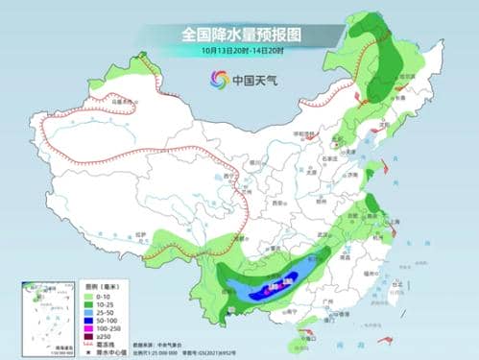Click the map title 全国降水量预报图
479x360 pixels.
240,34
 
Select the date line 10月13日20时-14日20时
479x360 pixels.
240,51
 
